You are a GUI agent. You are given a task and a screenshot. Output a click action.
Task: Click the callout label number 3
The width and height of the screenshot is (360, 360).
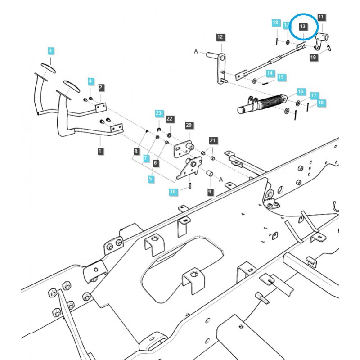point(51,50)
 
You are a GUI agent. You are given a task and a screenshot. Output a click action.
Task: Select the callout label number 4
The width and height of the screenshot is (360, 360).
point(90,81)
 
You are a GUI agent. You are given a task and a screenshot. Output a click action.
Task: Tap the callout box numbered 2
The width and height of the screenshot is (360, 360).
point(101,87)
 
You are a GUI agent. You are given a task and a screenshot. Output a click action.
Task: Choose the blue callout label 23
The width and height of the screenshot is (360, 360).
point(158,112)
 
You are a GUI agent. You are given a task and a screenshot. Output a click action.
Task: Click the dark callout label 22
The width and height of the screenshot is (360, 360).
point(169,119)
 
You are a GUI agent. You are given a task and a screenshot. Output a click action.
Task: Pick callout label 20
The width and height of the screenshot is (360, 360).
point(189,125)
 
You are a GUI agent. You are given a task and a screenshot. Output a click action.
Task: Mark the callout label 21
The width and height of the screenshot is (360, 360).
point(213,141)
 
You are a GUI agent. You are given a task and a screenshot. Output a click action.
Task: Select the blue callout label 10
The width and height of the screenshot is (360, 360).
point(173,192)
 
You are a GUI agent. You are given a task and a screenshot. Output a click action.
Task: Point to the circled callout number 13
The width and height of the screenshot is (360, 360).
point(303,27)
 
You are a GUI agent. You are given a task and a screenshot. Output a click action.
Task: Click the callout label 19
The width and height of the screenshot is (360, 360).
point(313,57)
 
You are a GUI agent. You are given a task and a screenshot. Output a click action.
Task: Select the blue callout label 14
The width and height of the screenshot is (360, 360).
point(270,73)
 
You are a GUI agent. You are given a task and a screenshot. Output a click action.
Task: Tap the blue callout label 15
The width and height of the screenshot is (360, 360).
point(281,77)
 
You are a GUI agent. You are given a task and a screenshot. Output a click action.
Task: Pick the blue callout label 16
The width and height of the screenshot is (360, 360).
point(301,91)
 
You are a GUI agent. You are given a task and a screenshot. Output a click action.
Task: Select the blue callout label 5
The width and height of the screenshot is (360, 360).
point(151,179)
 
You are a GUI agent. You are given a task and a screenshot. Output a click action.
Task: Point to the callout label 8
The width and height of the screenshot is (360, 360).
point(137,151)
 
